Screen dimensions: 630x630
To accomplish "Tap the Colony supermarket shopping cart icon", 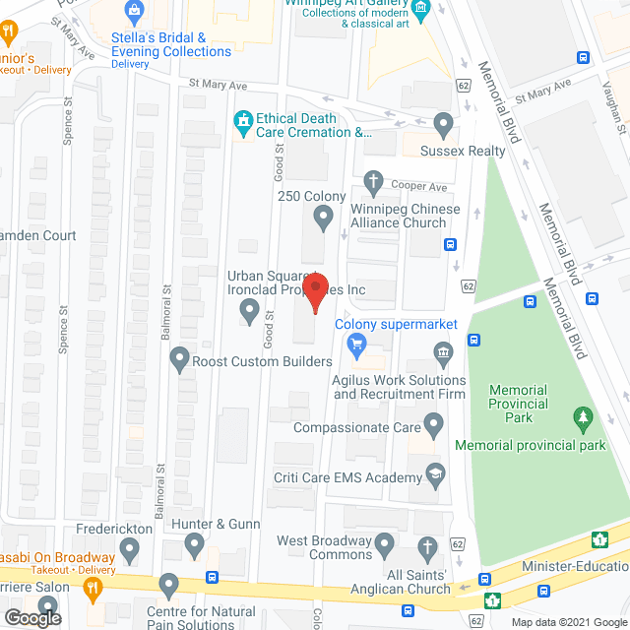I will point(356,345).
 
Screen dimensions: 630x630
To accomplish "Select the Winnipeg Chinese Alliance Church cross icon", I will point(373,180).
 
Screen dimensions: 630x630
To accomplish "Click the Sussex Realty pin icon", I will point(444,125).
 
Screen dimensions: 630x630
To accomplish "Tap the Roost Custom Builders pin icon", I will point(179,359).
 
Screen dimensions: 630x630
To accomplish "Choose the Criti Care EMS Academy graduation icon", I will point(434,476).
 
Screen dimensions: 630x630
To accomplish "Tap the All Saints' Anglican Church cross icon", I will point(427,546).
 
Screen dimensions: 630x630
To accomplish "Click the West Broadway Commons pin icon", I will point(385,542).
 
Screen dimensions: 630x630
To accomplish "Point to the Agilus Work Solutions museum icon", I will point(444,352).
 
